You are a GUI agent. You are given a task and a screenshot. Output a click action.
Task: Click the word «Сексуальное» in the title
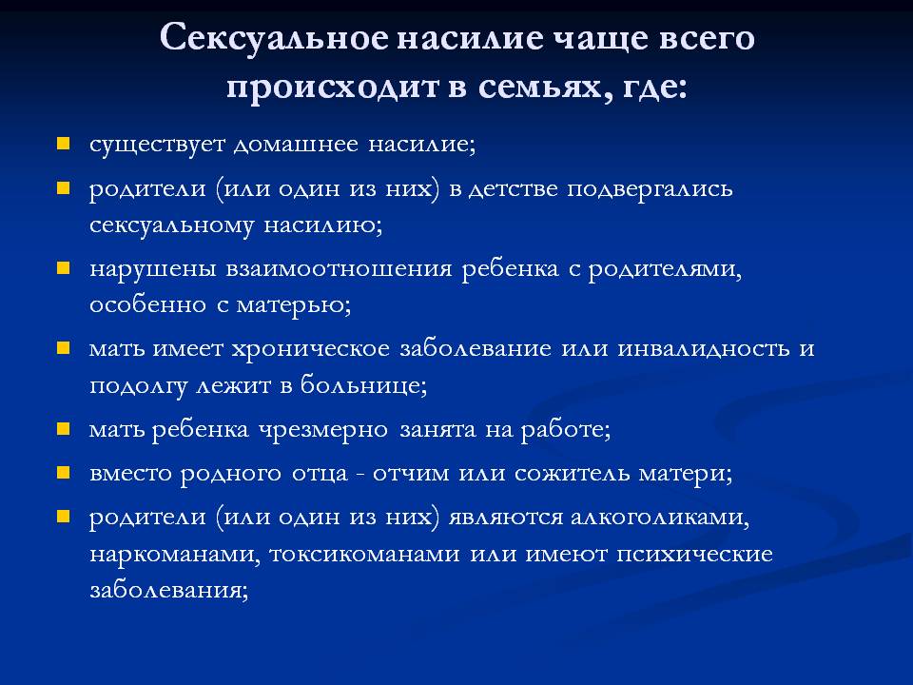(x=274, y=39)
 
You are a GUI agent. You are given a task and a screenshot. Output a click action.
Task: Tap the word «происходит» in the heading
(x=333, y=88)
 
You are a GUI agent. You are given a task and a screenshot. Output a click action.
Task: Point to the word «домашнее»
(x=296, y=144)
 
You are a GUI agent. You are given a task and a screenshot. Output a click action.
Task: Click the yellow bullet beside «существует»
(x=63, y=144)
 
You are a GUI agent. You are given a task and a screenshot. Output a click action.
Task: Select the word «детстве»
(x=513, y=188)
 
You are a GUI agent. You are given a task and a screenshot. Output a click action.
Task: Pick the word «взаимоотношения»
(x=339, y=269)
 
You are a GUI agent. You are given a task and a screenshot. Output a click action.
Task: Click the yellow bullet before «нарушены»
(x=63, y=268)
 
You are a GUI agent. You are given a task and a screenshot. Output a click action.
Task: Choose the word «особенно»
(x=148, y=304)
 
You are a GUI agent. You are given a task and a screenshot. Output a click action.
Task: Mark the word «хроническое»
(x=311, y=349)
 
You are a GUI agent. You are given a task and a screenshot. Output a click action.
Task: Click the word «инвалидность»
(x=704, y=348)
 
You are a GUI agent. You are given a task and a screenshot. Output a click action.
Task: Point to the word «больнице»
(x=363, y=385)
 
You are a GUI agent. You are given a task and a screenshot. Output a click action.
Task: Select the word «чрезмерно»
(x=323, y=430)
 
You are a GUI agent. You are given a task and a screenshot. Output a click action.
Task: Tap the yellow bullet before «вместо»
(x=63, y=473)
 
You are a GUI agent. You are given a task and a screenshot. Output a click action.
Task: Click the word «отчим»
(x=411, y=474)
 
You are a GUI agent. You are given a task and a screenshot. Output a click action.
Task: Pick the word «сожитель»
(x=572, y=473)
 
